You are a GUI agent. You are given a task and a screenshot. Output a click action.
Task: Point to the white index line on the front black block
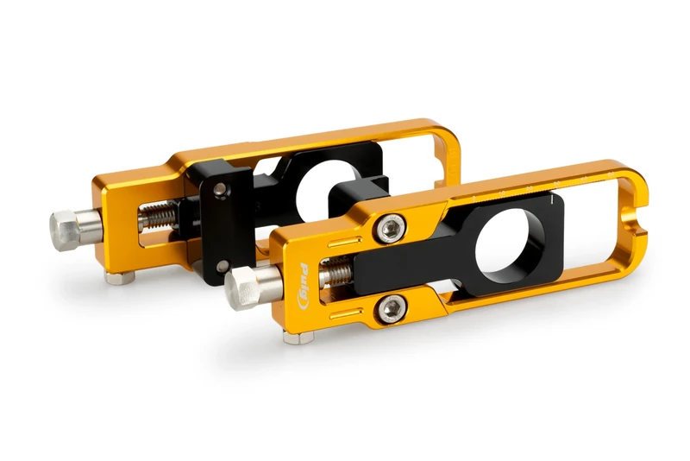click(549, 202)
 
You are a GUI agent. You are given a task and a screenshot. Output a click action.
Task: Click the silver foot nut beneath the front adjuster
click(298, 337)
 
